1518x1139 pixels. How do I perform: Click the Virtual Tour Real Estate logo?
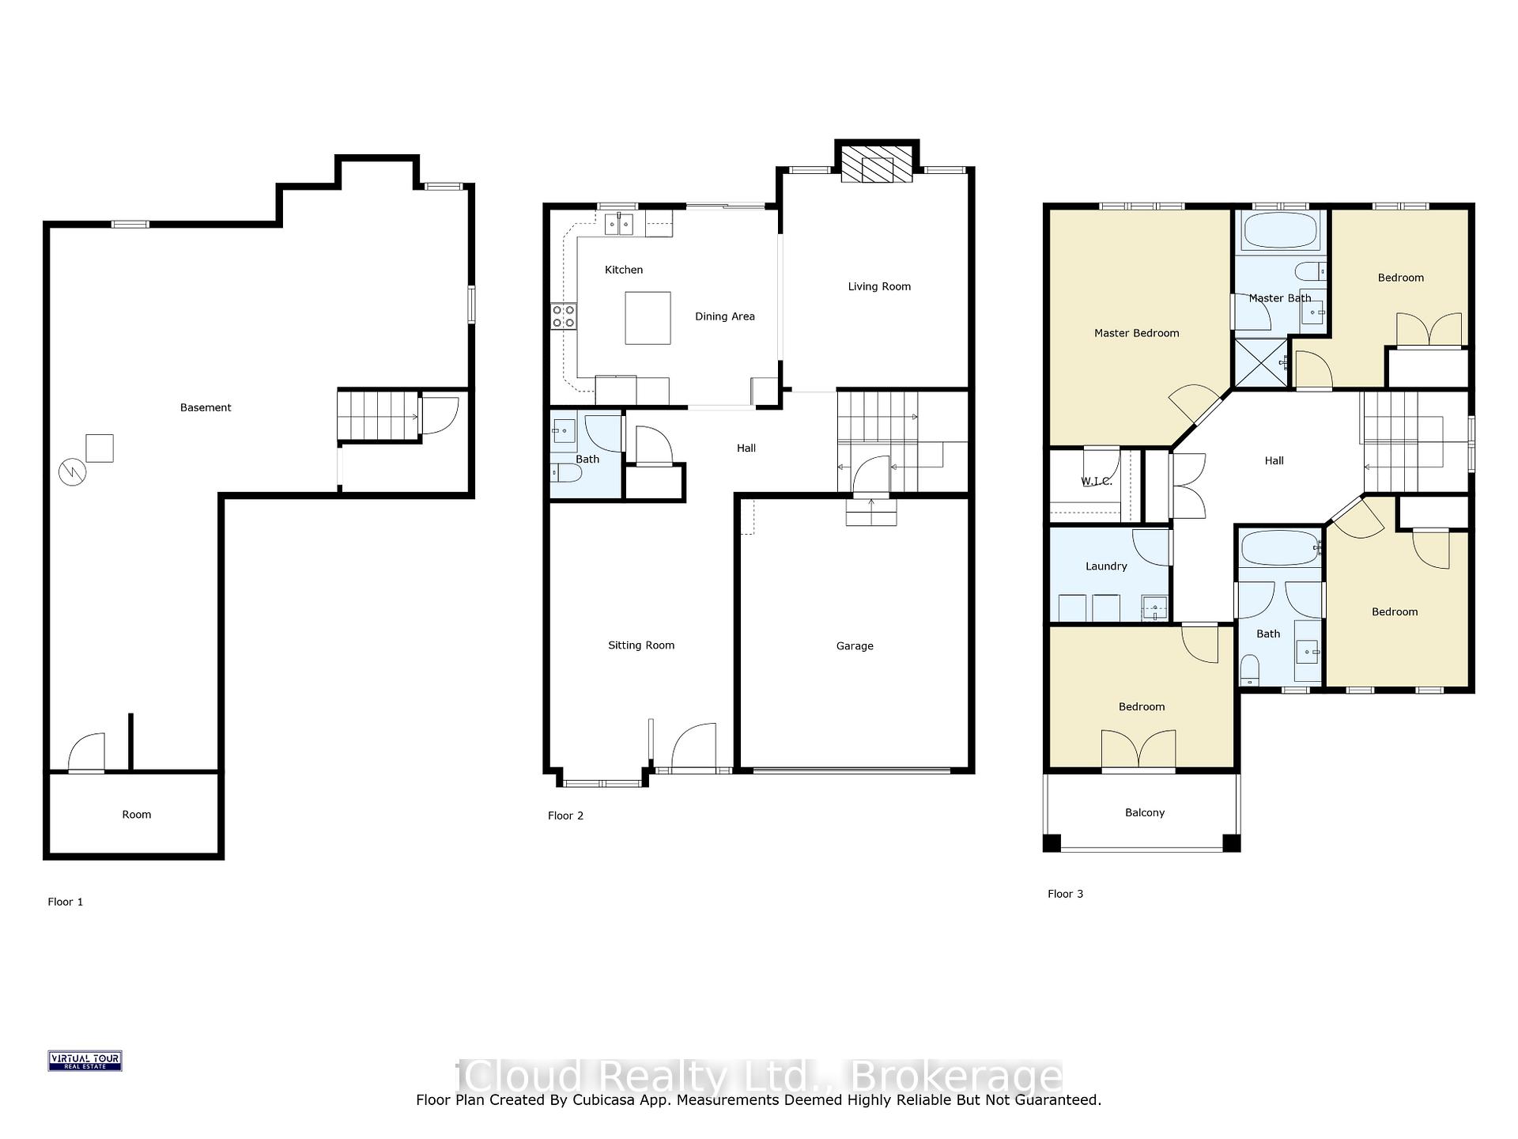(x=85, y=1061)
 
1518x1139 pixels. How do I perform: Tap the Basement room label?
(x=206, y=407)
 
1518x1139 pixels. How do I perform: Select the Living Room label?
(x=879, y=286)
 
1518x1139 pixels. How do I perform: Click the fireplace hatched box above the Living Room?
(x=877, y=164)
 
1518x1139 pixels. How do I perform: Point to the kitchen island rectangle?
(x=648, y=318)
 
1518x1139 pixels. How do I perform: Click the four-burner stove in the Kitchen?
(x=564, y=316)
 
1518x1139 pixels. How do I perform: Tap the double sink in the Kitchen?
(x=619, y=225)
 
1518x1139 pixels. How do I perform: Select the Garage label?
(x=855, y=646)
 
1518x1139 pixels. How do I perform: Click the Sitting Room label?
(x=641, y=645)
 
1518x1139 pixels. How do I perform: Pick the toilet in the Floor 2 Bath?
(x=566, y=473)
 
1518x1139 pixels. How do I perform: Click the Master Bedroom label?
(x=1136, y=333)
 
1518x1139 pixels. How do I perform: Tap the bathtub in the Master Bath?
(x=1281, y=231)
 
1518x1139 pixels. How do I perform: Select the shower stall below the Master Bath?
(x=1262, y=363)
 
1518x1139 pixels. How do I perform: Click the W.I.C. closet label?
(x=1097, y=481)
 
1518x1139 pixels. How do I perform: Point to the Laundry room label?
(x=1106, y=566)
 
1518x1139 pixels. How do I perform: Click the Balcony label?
(x=1145, y=812)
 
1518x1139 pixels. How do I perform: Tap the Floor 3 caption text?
(x=1065, y=894)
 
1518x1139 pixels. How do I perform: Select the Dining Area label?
(x=725, y=316)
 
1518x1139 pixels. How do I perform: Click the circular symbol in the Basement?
(x=72, y=472)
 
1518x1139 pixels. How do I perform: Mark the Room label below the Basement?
(x=136, y=815)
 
